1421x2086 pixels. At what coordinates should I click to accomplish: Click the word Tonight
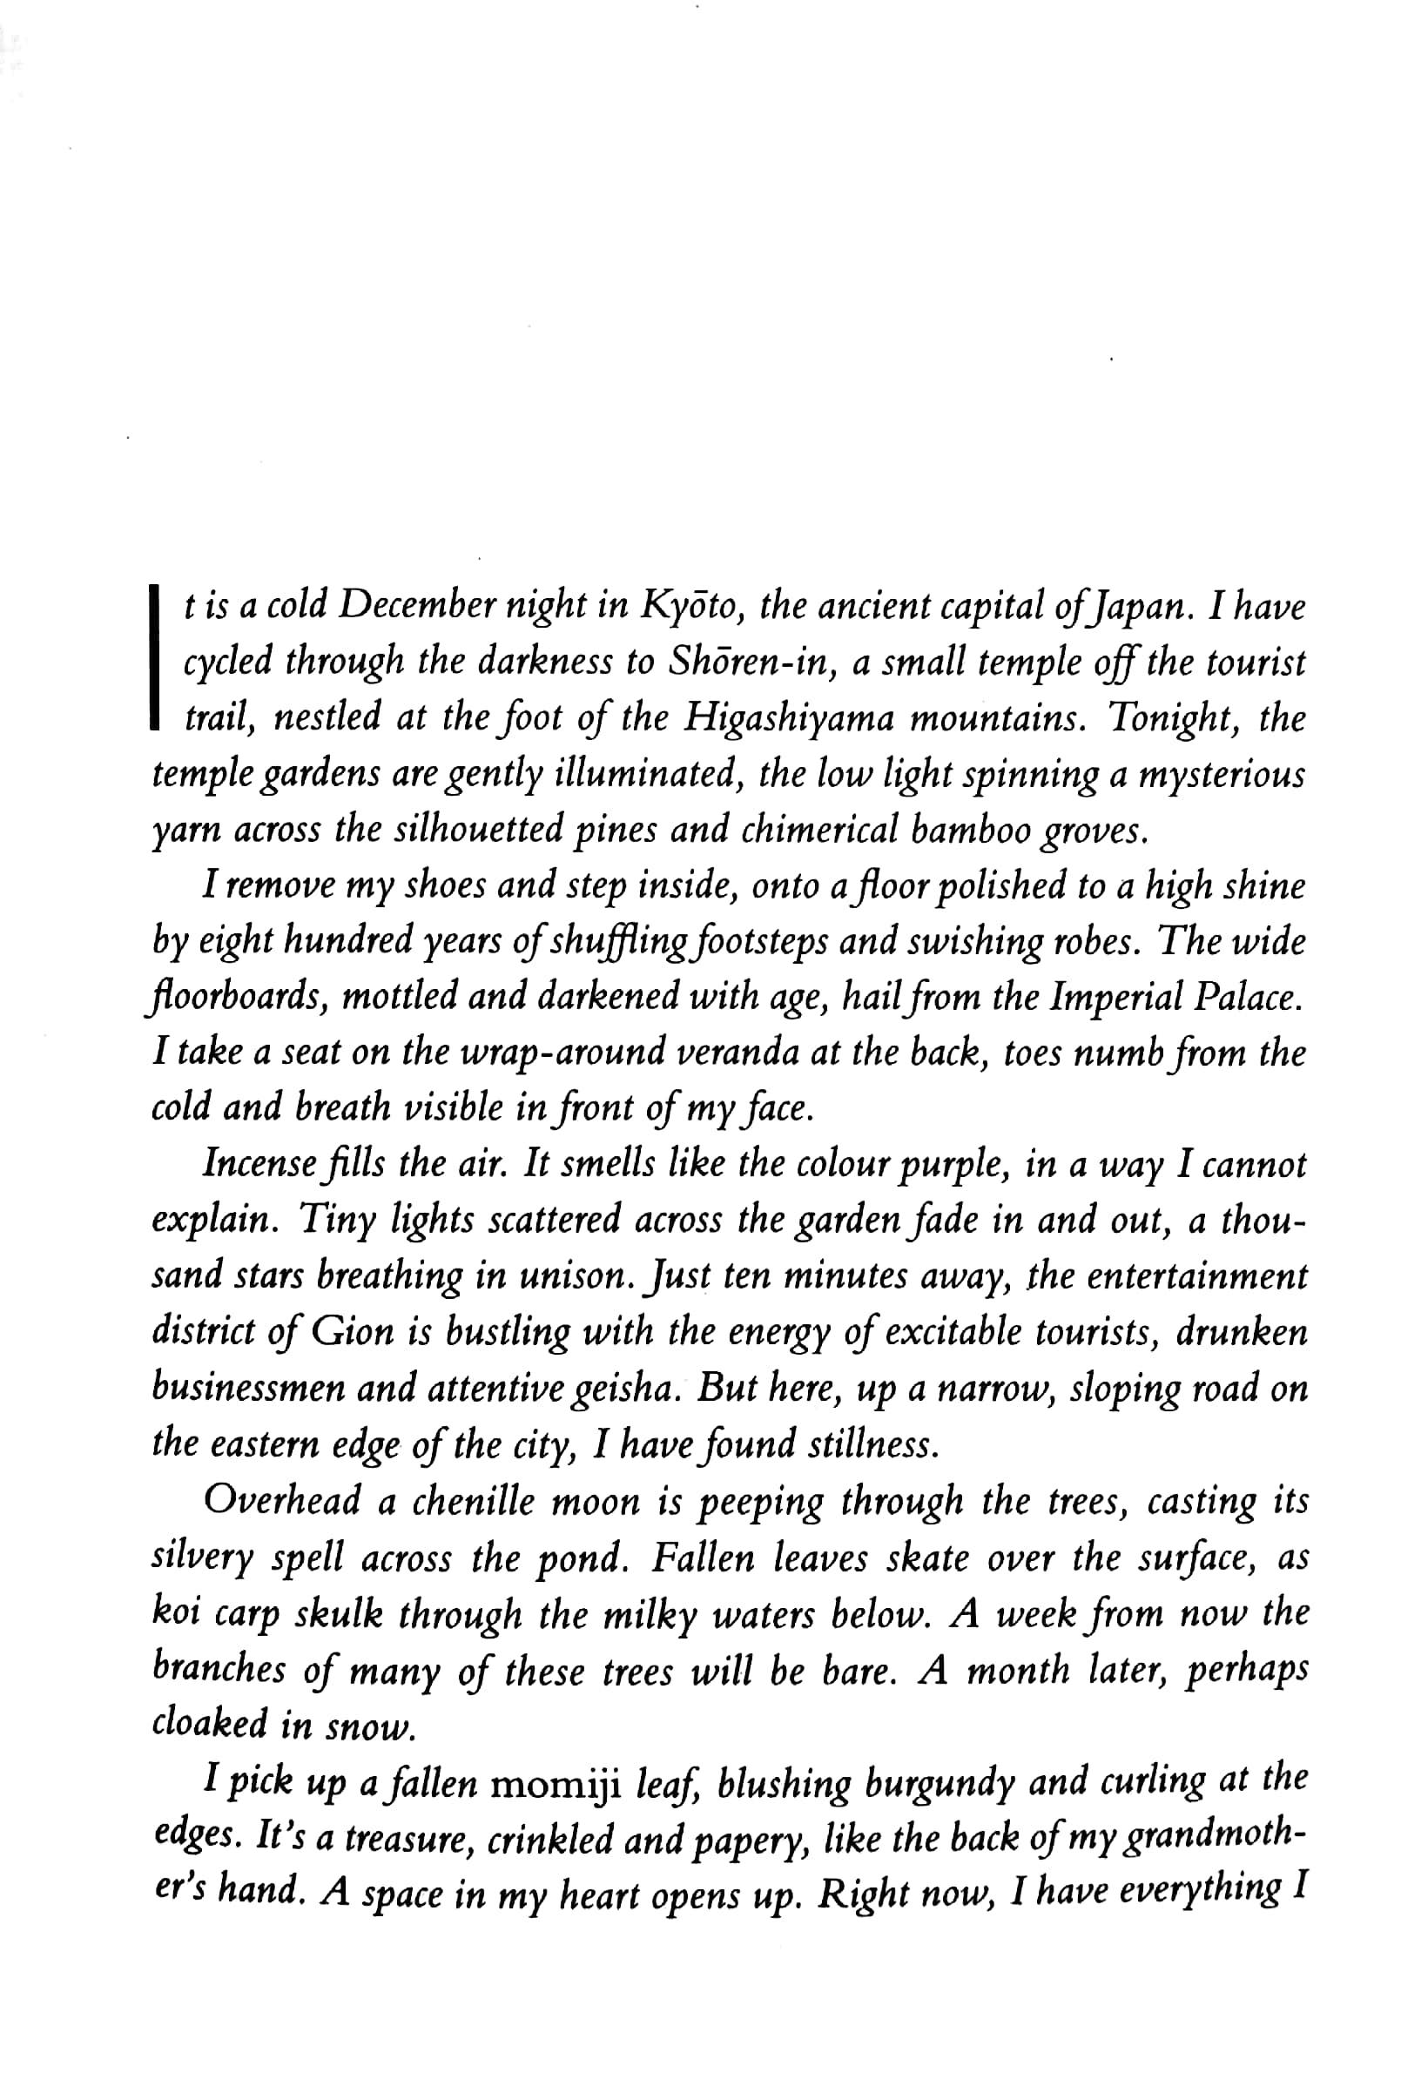point(1169,718)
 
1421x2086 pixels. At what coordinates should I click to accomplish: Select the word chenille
point(473,1501)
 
